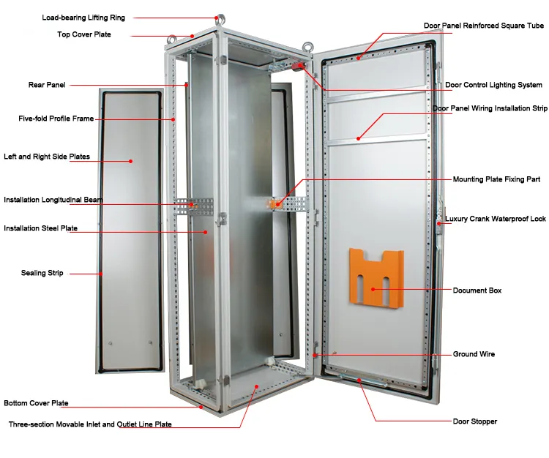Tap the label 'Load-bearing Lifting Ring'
click(x=83, y=18)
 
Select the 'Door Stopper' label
click(x=475, y=421)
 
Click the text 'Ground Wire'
click(x=474, y=354)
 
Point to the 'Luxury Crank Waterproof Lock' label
click(x=495, y=219)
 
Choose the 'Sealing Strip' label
click(x=42, y=273)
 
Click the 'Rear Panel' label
click(x=47, y=85)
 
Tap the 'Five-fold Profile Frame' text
click(x=56, y=119)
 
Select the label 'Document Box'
click(x=477, y=290)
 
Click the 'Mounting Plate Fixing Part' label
click(x=496, y=179)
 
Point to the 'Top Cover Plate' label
click(x=84, y=34)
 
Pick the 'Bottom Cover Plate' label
click(x=36, y=403)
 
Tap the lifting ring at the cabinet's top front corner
click(x=220, y=20)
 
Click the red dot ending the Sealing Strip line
click(x=101, y=274)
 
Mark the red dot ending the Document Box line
click(x=373, y=289)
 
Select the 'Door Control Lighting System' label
click(x=493, y=85)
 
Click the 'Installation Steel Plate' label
click(x=40, y=228)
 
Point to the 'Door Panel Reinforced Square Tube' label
click(x=484, y=26)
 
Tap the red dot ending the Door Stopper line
click(x=359, y=380)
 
